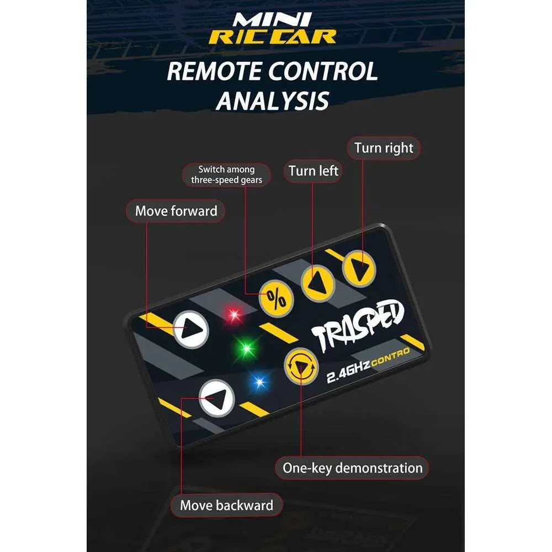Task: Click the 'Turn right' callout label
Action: [384, 148]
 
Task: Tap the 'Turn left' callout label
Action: [313, 171]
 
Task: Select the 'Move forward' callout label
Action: [176, 211]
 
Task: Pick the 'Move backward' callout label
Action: [226, 505]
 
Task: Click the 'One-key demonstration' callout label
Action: [352, 468]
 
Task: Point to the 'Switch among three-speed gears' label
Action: [226, 174]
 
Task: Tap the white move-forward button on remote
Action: [191, 330]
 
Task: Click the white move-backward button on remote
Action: [217, 398]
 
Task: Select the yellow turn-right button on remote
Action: [359, 269]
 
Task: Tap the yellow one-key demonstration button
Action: [301, 367]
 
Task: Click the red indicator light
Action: [234, 314]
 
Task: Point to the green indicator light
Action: [247, 348]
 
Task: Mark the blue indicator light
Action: [260, 382]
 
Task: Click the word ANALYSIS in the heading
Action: [273, 101]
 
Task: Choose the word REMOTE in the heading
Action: [214, 71]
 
